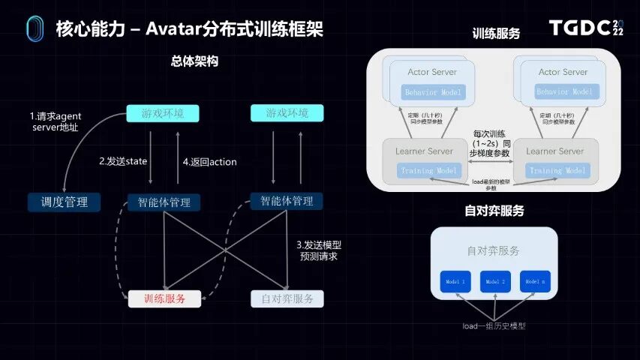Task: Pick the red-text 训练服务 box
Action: tap(164, 298)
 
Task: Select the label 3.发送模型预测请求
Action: tap(319, 250)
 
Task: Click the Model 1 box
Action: tap(455, 281)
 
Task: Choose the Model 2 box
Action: tap(494, 281)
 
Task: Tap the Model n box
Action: tap(534, 281)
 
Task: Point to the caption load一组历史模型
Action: tap(494, 326)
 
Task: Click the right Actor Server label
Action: tap(563, 72)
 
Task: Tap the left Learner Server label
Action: tap(424, 151)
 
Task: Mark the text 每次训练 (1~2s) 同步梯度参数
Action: tap(491, 142)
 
